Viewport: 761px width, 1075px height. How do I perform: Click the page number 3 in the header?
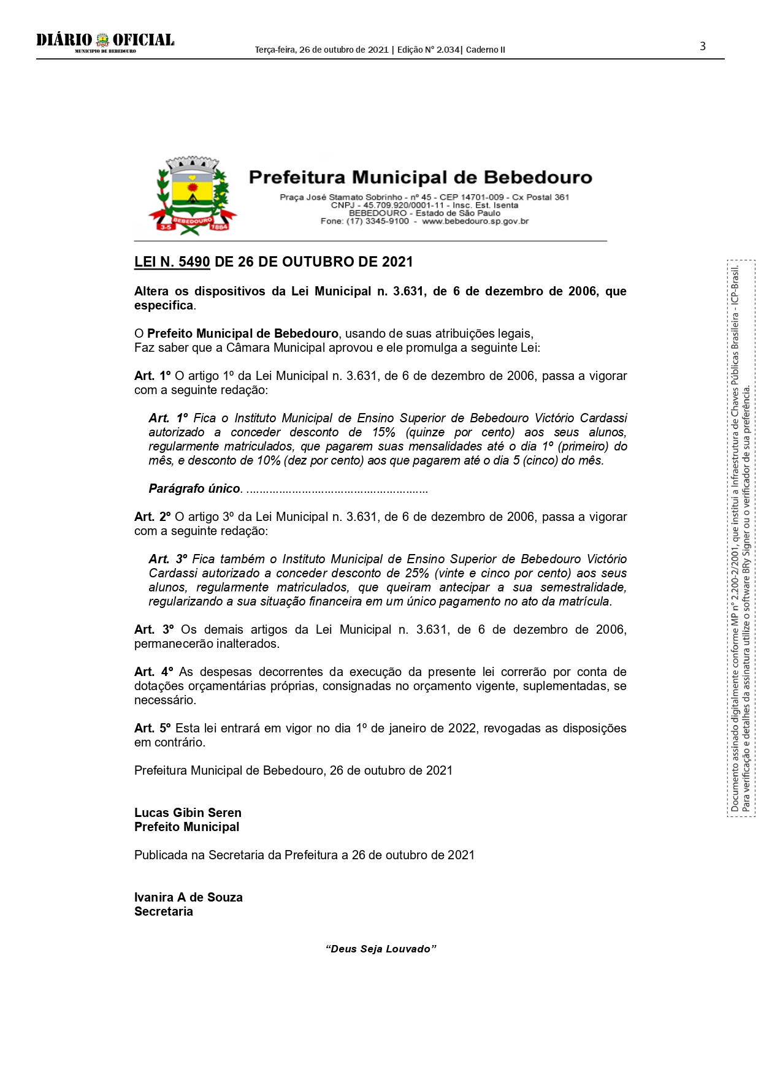[x=703, y=47]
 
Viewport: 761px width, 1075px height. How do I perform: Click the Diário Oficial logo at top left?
[x=105, y=42]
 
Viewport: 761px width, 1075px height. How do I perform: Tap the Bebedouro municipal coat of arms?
[x=192, y=196]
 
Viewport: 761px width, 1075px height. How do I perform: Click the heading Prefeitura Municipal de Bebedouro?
[x=420, y=178]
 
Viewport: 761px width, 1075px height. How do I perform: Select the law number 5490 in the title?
[x=194, y=262]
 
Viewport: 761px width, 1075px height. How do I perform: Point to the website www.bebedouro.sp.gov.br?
[x=475, y=221]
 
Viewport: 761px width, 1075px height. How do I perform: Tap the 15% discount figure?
[x=383, y=433]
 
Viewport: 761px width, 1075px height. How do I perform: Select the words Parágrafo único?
[x=194, y=489]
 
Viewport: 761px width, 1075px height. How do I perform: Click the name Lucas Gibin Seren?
[x=188, y=813]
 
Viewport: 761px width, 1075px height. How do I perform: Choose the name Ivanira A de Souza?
[x=188, y=898]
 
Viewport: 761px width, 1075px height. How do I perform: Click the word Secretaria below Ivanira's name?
[x=164, y=912]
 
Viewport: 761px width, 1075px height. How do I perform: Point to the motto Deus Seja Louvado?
[x=381, y=949]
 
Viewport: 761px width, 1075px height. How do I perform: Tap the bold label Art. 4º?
[x=153, y=672]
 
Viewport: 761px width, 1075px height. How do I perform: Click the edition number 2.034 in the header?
[x=448, y=50]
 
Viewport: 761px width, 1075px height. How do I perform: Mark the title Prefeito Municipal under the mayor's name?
[x=187, y=827]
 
